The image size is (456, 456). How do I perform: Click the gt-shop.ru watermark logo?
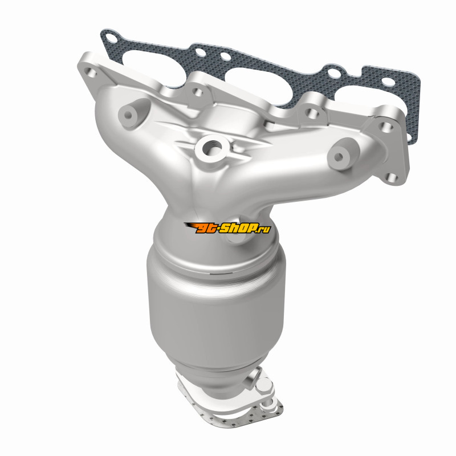click(x=227, y=228)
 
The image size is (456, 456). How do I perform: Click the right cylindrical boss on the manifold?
click(x=340, y=157)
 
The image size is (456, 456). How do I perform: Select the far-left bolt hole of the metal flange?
click(x=91, y=72)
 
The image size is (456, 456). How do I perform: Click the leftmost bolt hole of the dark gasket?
click(x=111, y=37)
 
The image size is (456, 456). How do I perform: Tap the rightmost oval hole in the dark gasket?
click(x=388, y=82)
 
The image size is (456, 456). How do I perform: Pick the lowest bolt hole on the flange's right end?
click(x=393, y=177)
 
